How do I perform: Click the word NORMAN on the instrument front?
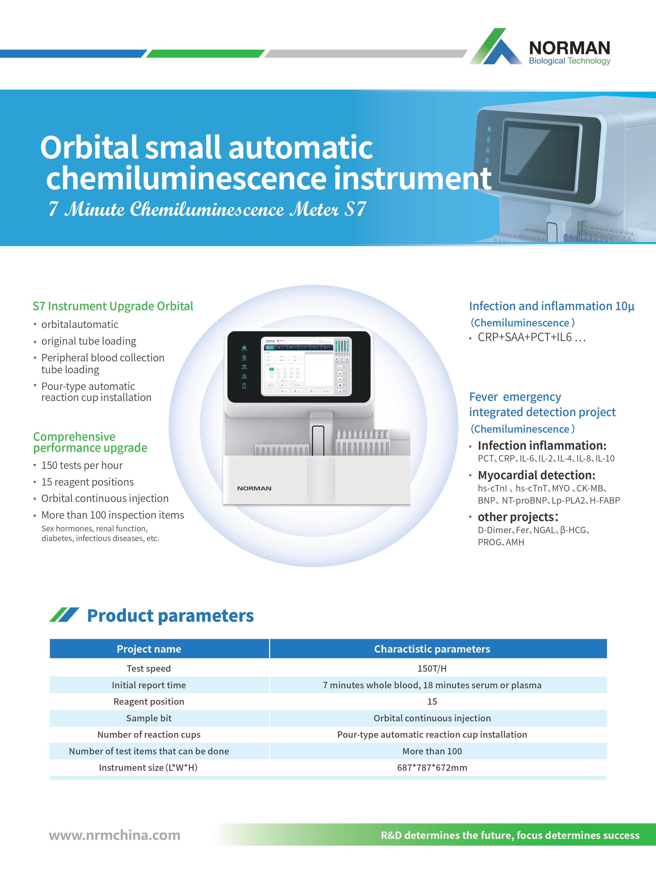tap(254, 488)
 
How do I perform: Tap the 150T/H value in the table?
tap(432, 668)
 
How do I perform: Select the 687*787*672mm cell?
tap(432, 768)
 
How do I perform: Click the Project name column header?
tap(149, 649)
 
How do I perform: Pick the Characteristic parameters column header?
tap(432, 649)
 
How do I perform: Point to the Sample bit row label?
tap(149, 718)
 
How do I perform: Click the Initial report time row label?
tap(149, 685)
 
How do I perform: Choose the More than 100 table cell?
tap(432, 751)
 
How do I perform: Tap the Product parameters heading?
tap(170, 616)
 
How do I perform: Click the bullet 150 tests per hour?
tap(82, 465)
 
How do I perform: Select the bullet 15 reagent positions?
tap(87, 482)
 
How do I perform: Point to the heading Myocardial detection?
tap(536, 475)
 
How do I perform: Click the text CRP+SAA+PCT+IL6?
tap(525, 338)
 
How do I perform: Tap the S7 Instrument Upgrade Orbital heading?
tap(113, 306)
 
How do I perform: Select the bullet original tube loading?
tap(89, 341)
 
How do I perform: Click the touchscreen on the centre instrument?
tap(306, 366)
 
